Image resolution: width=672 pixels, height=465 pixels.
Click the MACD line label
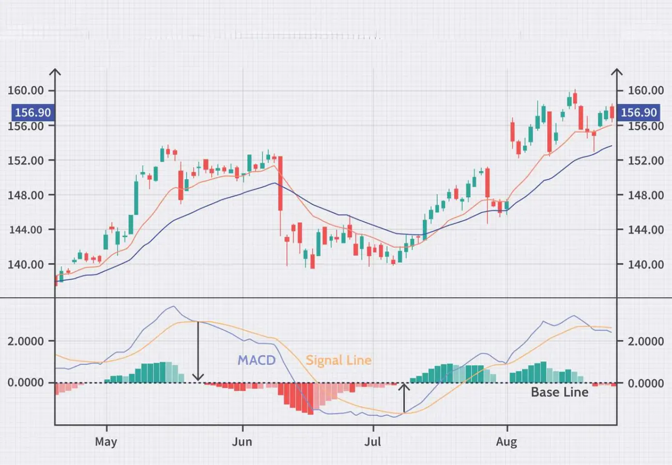pyautogui.click(x=256, y=360)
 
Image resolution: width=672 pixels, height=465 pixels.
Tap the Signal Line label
pyautogui.click(x=339, y=360)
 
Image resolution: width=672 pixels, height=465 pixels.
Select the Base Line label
pyautogui.click(x=559, y=392)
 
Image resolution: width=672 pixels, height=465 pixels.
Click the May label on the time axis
pyautogui.click(x=106, y=442)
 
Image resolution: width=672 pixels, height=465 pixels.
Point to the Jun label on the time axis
pyautogui.click(x=242, y=442)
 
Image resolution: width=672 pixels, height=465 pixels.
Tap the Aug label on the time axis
pyautogui.click(x=507, y=442)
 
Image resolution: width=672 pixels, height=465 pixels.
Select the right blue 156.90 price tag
pyautogui.click(x=639, y=113)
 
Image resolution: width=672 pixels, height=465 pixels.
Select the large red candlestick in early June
pyautogui.click(x=280, y=183)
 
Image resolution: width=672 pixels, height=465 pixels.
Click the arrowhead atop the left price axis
pyautogui.click(x=55, y=72)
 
